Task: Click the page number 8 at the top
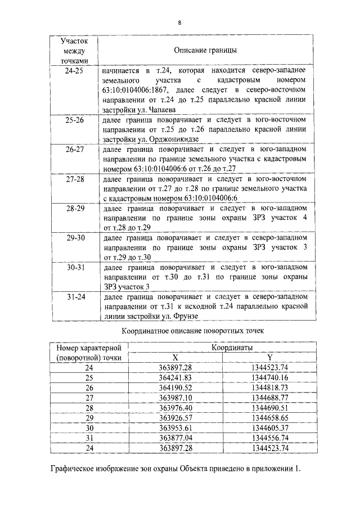(x=179, y=23)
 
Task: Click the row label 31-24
(x=74, y=295)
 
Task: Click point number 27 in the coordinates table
(x=89, y=398)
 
